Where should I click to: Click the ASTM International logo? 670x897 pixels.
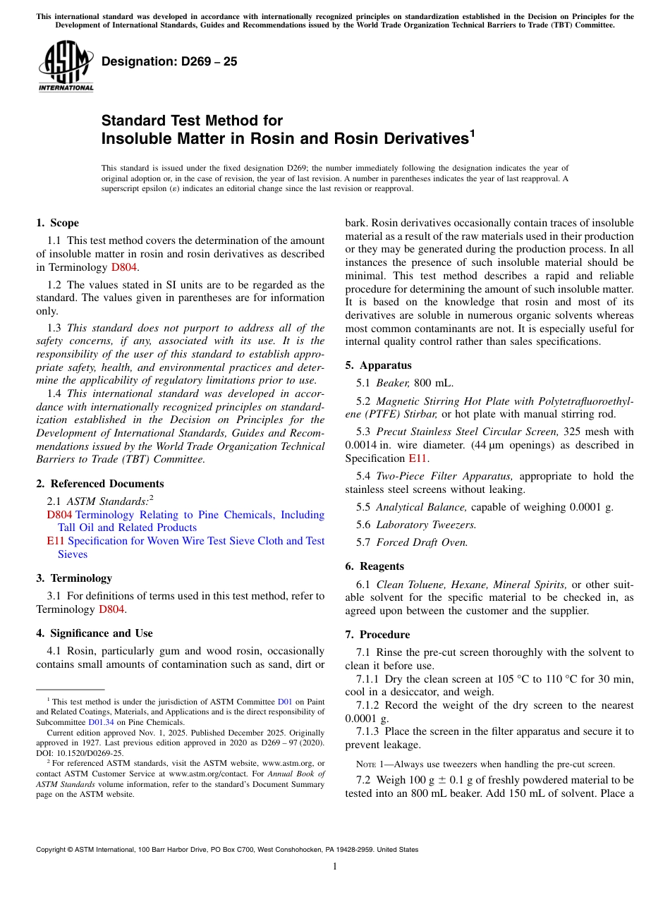tap(66, 66)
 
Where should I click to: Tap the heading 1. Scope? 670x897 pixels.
tap(58, 223)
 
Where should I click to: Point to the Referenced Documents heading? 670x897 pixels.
tap(106, 484)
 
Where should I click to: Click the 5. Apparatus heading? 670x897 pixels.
tap(378, 365)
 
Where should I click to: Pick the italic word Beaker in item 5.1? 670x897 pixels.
tap(392, 383)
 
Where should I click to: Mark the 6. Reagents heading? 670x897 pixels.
tap(374, 566)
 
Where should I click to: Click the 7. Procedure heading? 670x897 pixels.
tap(377, 635)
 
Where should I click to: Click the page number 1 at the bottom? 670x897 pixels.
tap(335, 866)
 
